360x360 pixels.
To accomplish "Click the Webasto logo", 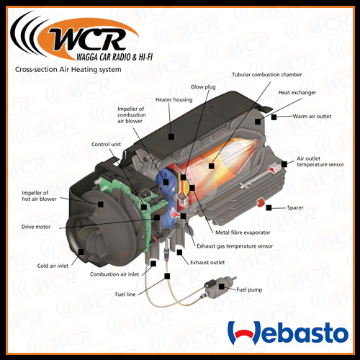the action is click(288, 333).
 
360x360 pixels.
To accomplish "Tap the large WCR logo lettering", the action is click(88, 38).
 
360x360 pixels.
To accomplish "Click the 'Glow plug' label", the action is click(203, 87).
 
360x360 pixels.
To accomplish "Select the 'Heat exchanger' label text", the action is click(297, 92).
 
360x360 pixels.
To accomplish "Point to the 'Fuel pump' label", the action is click(249, 289).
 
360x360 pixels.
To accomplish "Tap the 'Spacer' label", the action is click(295, 207).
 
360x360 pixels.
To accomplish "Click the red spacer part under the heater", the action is click(261, 203).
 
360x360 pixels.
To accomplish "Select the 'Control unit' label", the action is click(106, 144).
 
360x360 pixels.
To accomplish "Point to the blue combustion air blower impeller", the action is click(166, 199).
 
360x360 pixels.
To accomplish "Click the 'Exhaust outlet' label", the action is click(207, 262).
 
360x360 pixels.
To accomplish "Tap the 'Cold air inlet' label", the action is click(53, 266).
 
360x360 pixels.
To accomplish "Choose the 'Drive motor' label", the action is click(36, 227).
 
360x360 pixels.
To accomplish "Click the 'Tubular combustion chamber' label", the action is click(267, 75).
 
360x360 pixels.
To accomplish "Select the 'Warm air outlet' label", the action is click(312, 117).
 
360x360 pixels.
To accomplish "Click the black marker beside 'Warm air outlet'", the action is click(274, 117).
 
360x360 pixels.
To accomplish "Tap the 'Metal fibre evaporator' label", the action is click(243, 233).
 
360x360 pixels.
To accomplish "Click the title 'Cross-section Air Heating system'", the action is click(68, 70).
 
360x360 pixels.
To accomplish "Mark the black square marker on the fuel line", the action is click(167, 276).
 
